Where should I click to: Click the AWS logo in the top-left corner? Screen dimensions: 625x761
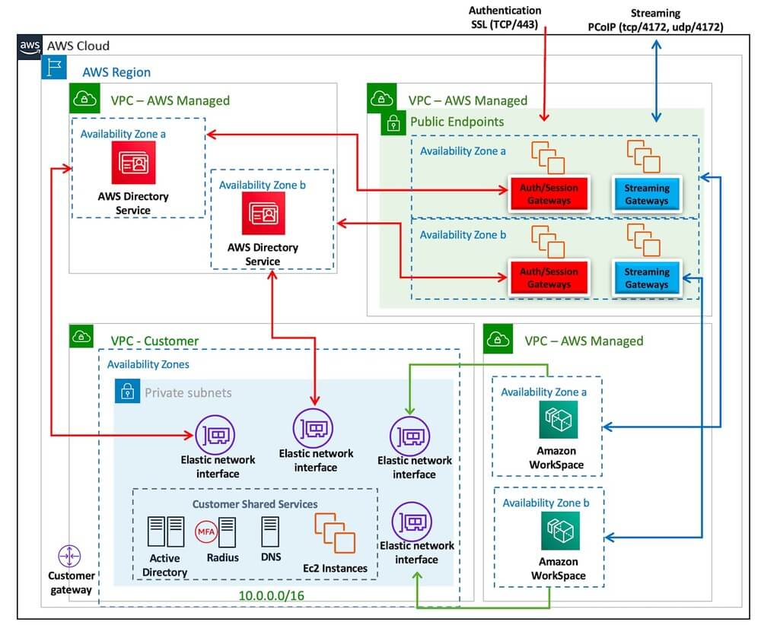coord(30,46)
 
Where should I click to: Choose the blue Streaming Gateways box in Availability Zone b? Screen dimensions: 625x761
coord(646,278)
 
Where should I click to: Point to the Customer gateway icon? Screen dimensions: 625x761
coord(69,557)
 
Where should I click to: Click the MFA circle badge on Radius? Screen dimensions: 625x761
coord(206,531)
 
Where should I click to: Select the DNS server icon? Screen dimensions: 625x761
coord(270,533)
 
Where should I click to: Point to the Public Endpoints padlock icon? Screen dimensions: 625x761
coord(393,122)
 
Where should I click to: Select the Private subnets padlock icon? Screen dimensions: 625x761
coord(127,392)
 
